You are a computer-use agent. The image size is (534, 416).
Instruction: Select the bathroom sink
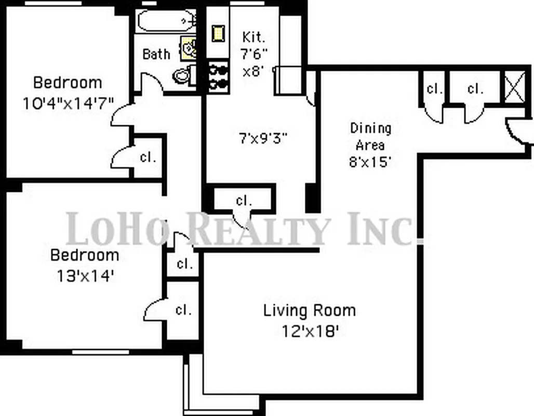[x=189, y=48]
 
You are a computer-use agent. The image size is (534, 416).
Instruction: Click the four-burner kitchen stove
[x=219, y=76]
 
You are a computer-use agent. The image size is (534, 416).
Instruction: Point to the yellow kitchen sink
[x=217, y=33]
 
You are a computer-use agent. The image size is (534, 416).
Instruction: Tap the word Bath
[x=156, y=54]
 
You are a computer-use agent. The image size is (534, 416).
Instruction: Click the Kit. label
[x=254, y=37]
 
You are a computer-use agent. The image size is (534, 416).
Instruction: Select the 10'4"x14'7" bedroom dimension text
[x=68, y=102]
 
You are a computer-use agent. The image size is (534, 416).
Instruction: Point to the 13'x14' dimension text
[x=84, y=276]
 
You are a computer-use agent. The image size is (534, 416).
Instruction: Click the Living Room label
[x=310, y=311]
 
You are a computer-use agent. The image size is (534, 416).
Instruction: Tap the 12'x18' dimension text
[x=310, y=330]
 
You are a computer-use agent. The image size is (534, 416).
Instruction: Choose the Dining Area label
[x=370, y=136]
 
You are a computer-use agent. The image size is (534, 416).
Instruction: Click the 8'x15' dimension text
[x=370, y=161]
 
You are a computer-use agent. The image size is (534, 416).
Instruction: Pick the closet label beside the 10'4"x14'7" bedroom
[x=148, y=158]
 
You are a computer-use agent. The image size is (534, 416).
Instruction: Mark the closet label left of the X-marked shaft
[x=475, y=89]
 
